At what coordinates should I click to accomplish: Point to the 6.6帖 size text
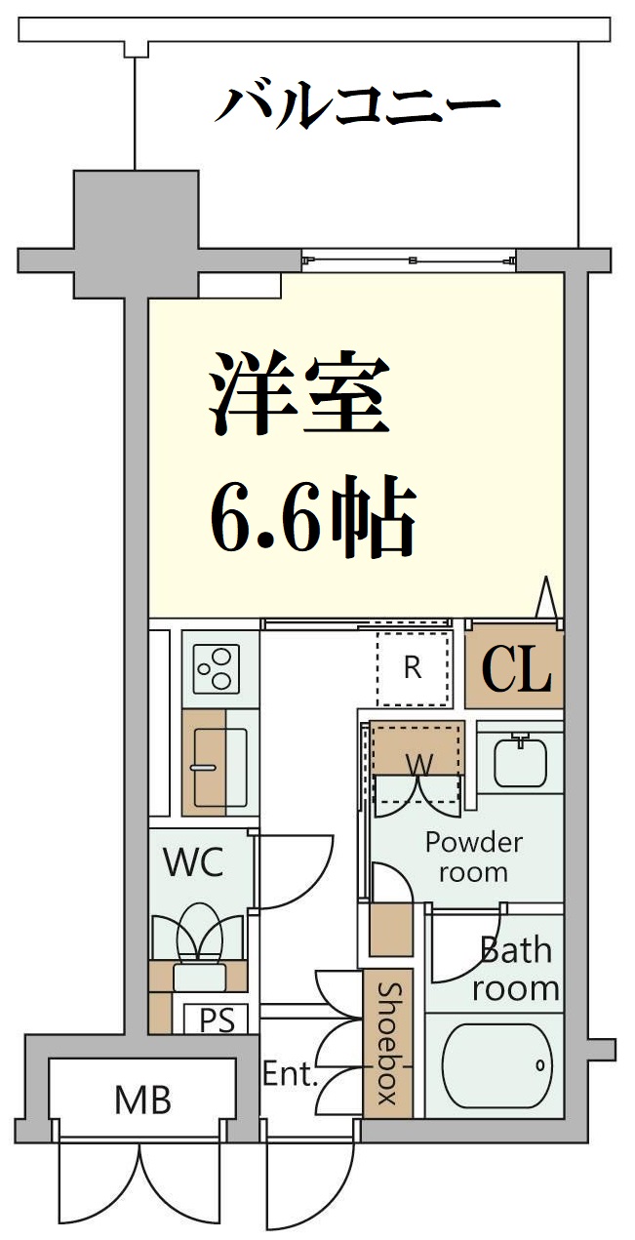coord(313,517)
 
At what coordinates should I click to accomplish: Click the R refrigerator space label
coord(413,668)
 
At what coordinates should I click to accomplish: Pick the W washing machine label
coord(417,765)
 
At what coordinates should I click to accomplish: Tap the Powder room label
coord(474,856)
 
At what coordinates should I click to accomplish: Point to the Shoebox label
coord(388,1043)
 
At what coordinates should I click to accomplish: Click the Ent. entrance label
coord(290,1075)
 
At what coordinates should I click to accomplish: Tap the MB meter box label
coord(142,1100)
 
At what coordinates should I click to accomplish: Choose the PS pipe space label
coord(217,1020)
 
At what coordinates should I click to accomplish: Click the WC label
coord(193,861)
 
